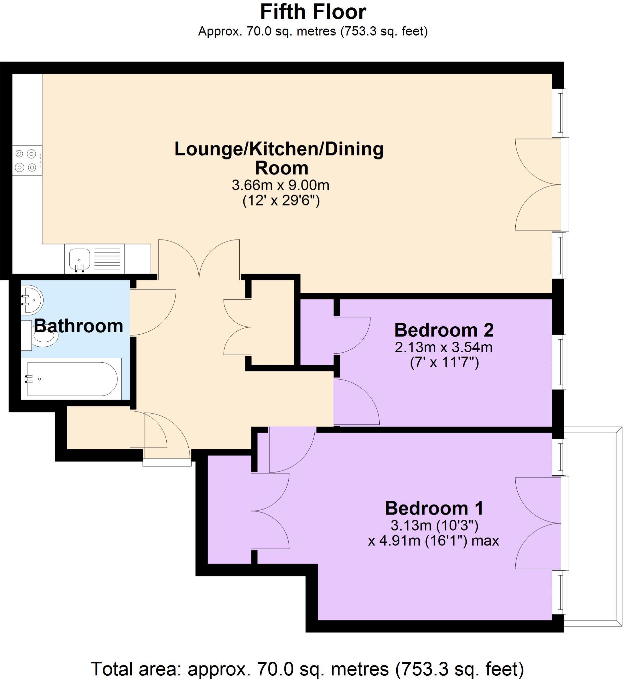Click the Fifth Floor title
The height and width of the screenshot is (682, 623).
click(313, 12)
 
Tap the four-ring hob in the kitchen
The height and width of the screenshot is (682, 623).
click(26, 161)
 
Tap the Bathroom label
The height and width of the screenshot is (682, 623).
click(78, 326)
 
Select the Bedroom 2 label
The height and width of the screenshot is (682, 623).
click(444, 330)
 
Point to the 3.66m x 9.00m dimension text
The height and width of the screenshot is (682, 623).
click(280, 185)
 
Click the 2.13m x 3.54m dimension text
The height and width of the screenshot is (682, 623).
click(444, 347)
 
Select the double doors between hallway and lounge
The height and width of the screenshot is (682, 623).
click(199, 259)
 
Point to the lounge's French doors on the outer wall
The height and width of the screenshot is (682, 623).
click(542, 185)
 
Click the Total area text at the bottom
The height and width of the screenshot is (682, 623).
click(307, 668)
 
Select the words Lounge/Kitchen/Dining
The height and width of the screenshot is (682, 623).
click(279, 149)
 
